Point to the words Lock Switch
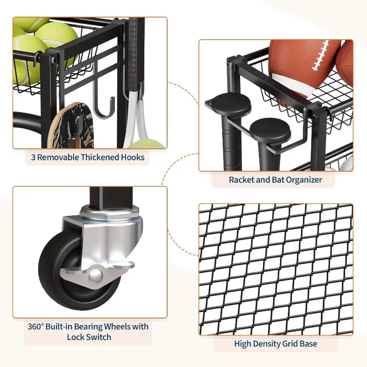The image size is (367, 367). (89, 337)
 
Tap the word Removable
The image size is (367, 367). (58, 157)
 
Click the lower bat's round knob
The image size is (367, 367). (270, 129)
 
